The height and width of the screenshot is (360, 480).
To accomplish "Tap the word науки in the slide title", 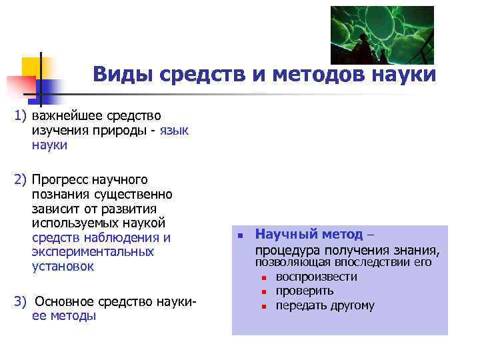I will click(x=403, y=74).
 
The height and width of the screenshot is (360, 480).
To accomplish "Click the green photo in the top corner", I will click(x=382, y=35).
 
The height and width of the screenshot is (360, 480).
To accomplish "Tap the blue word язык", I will click(x=174, y=130).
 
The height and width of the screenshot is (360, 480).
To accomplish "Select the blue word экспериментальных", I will click(x=92, y=252).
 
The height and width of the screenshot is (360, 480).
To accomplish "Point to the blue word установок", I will click(x=63, y=267).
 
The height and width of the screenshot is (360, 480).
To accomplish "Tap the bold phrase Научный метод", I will click(x=309, y=235).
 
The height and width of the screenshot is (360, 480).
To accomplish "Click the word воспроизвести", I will click(x=316, y=277).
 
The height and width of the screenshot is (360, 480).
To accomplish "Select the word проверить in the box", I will click(x=305, y=291).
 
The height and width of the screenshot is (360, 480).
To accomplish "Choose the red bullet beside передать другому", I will click(x=264, y=307).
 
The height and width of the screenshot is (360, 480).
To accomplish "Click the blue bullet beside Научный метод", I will click(x=240, y=236).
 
